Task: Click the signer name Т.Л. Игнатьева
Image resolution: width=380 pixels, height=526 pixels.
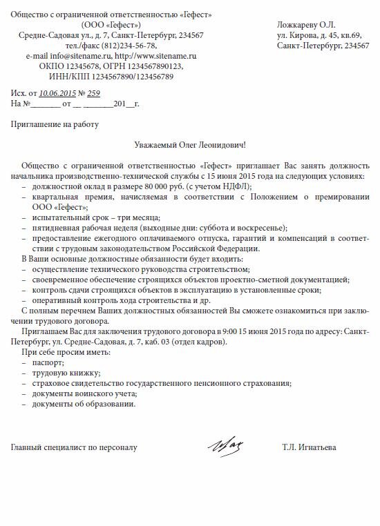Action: pos(309,448)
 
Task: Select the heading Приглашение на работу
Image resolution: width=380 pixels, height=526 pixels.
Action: pos(55,124)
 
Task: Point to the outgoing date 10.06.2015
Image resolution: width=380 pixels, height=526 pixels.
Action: pos(57,92)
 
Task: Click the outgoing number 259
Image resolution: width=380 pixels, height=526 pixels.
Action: pos(94,92)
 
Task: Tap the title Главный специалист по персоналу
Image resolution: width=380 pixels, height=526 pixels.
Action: pos(75,448)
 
